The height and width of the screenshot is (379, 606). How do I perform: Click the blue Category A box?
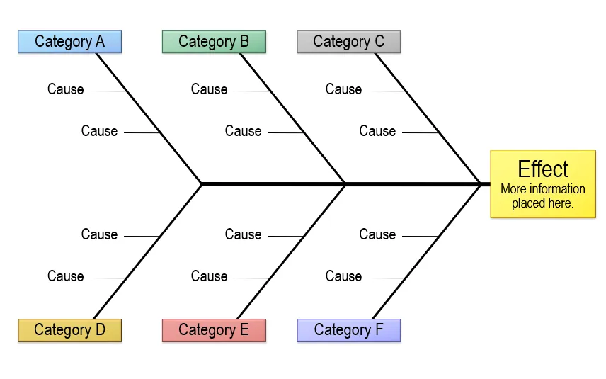point(70,42)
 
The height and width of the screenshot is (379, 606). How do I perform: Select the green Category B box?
point(214,42)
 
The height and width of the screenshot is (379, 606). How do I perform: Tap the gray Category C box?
point(349,42)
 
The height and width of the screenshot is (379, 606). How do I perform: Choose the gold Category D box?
point(70,330)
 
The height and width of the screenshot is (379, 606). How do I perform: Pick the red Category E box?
point(214,330)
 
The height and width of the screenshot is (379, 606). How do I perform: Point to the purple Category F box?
point(349,330)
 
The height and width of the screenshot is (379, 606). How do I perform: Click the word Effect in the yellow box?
point(543,169)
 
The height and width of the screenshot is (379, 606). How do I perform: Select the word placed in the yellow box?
point(527,203)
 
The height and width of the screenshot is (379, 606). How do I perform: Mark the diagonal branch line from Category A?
point(149,119)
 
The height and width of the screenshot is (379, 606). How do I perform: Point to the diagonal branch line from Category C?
point(428,119)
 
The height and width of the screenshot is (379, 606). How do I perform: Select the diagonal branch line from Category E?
point(292,251)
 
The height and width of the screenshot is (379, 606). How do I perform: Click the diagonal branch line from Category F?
point(426,251)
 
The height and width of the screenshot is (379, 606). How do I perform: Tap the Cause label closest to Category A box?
point(66,89)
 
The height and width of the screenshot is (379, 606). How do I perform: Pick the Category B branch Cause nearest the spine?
point(243,131)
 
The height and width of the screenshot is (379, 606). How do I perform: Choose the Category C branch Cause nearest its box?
point(343,89)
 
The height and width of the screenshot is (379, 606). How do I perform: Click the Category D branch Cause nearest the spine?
point(99,234)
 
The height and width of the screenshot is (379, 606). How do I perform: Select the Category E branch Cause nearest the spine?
point(243,234)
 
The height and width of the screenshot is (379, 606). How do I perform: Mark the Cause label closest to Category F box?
point(343,276)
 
